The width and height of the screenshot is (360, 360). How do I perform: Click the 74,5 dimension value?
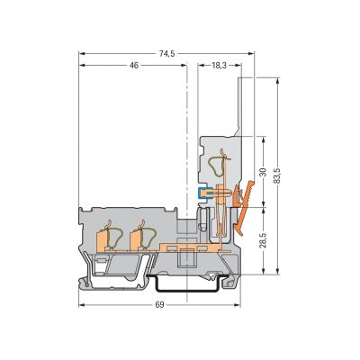166,54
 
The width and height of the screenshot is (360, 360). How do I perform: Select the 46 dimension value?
134,65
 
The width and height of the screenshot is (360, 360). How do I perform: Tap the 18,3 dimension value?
220,65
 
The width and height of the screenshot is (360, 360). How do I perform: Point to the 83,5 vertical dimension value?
278,175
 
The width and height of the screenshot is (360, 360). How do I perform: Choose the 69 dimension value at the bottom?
160,305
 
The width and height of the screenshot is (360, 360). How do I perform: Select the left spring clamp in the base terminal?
115,236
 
